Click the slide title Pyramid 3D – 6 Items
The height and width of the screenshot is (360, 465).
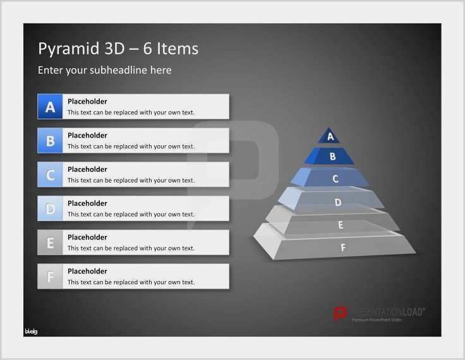point(118,49)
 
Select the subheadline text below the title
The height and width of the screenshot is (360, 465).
point(104,70)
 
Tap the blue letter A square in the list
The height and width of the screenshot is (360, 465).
point(50,106)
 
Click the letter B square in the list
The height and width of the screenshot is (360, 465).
point(50,140)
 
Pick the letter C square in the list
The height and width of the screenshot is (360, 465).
point(50,174)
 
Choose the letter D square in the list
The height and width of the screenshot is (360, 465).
point(50,208)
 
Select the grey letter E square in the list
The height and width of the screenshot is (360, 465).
point(50,243)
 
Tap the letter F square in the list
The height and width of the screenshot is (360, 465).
point(50,277)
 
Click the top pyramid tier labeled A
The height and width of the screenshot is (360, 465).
point(329,136)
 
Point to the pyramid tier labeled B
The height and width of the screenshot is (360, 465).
point(332,156)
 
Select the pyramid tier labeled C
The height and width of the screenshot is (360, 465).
point(335,179)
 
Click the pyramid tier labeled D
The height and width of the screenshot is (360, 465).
point(338,202)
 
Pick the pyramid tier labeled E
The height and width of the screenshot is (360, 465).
point(341,224)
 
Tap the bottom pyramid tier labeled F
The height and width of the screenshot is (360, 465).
point(343,248)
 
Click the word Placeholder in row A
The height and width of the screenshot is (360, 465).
point(87,101)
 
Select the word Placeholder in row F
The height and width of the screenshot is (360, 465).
point(87,271)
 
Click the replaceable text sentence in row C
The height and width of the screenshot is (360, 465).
point(131,181)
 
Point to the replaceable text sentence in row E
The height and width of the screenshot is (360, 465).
point(131,248)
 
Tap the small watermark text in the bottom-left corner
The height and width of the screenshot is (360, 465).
point(31,332)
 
